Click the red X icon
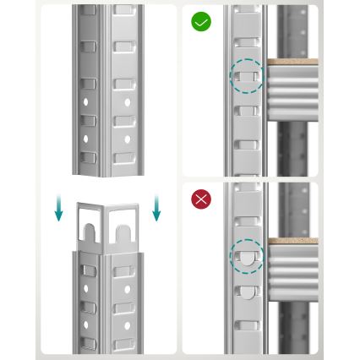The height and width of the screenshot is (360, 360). click(201, 199)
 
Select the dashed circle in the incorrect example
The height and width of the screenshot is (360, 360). click(247, 257)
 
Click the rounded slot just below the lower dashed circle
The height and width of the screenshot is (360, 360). click(246, 292)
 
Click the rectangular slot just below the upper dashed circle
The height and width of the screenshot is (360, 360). click(246, 111)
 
